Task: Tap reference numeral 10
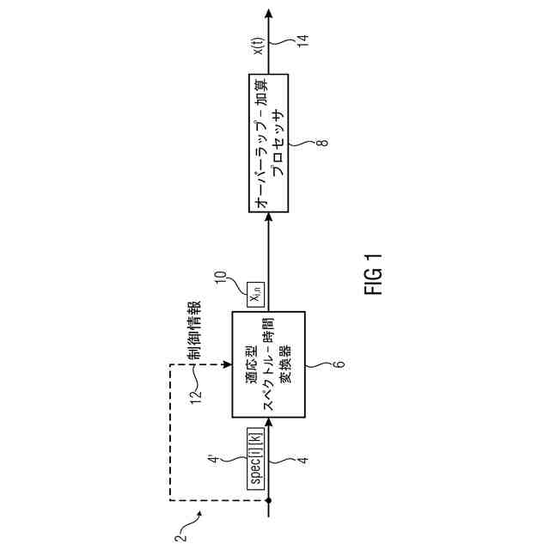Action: pyautogui.click(x=221, y=280)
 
